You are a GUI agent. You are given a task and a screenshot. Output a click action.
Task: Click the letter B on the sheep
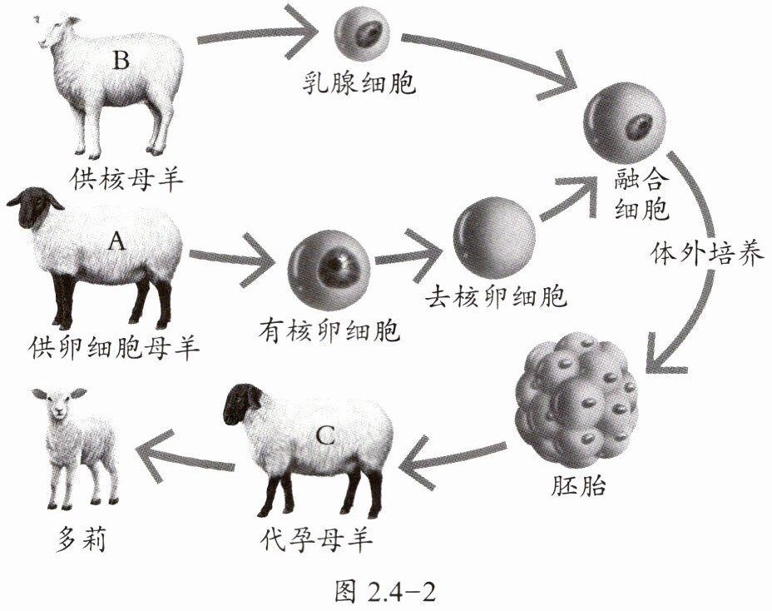tap(121, 60)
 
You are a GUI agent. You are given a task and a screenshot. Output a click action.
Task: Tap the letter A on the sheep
tap(118, 241)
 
